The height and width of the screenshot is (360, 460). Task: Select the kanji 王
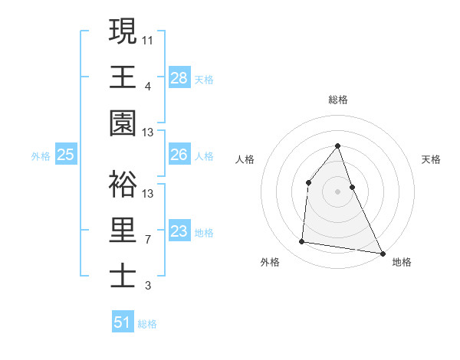(x=123, y=77)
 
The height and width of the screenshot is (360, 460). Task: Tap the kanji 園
(x=123, y=123)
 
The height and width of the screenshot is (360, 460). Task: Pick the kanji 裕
(x=123, y=184)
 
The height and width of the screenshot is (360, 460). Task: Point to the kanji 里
(x=123, y=231)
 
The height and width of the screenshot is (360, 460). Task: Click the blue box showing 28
(x=179, y=78)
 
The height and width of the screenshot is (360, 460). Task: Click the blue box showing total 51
(x=123, y=322)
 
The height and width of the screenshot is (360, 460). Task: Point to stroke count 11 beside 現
(x=148, y=39)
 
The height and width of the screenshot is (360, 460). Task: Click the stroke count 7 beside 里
(x=148, y=239)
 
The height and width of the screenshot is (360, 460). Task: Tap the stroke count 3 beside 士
(x=148, y=286)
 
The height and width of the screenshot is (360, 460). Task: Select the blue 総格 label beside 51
(x=147, y=324)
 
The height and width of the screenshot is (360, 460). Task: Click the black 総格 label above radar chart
(x=337, y=100)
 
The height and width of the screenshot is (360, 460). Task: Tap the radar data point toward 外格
(x=302, y=242)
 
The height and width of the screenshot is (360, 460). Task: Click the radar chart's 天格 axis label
(x=432, y=159)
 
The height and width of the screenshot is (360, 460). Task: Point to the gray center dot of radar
(x=337, y=191)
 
